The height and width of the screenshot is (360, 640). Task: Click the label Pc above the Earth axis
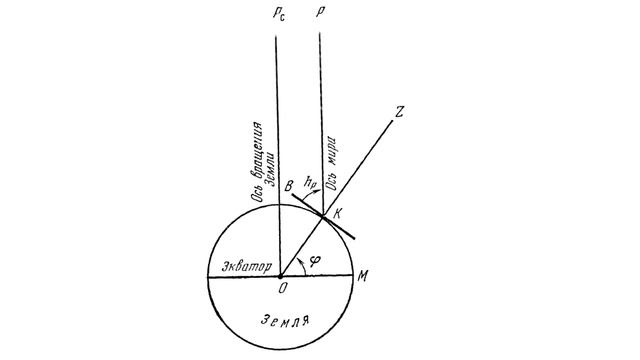pos(279,13)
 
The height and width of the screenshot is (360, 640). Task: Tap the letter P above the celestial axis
pos(320,12)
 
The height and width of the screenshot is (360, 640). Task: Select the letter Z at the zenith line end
pos(398,111)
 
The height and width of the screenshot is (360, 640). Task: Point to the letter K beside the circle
pos(337,213)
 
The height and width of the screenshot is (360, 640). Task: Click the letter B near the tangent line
pos(289,186)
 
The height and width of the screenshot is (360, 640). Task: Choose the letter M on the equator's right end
pos(362,276)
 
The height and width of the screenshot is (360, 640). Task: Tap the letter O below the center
pos(283,289)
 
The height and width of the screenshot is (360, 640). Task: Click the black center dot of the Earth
pos(280,277)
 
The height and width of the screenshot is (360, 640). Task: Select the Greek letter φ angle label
pos(315,260)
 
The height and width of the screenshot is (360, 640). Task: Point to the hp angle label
pos(310,182)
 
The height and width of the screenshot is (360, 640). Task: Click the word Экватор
pos(247,267)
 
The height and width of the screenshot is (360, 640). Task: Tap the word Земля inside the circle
pos(284,320)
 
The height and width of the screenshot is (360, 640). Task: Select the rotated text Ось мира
pos(332,163)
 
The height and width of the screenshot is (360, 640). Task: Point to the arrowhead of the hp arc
pos(317,192)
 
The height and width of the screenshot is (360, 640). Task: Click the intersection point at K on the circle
pos(323,216)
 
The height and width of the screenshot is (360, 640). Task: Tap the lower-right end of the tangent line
pos(354,238)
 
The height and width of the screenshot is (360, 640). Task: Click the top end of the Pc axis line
pos(276,37)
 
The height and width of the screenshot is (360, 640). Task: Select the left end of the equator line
pos(208,277)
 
